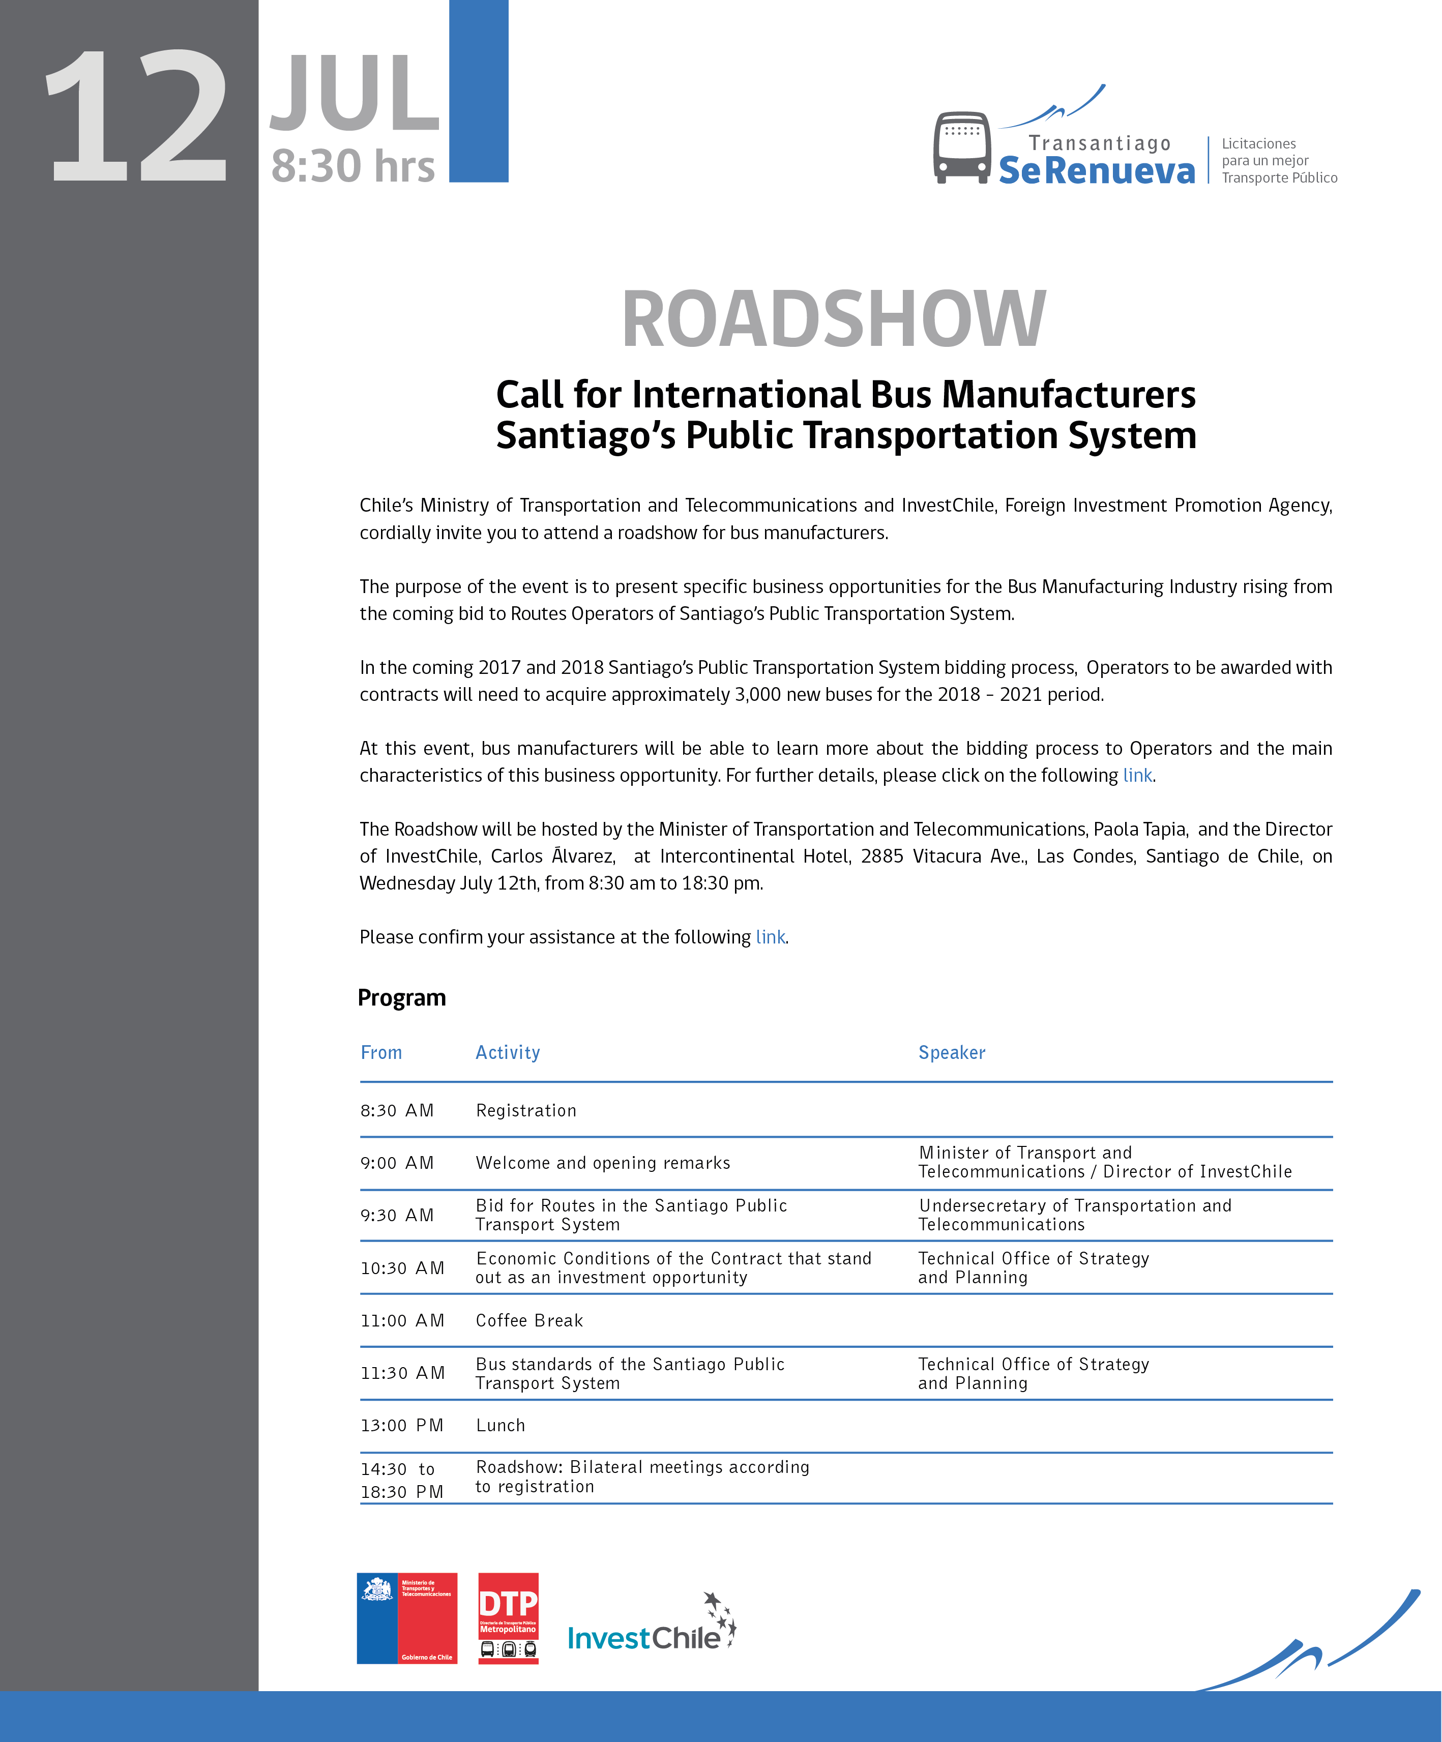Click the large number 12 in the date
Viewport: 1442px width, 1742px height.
[x=137, y=116]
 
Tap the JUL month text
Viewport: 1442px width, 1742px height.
[x=355, y=93]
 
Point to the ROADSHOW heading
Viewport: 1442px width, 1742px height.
[x=833, y=319]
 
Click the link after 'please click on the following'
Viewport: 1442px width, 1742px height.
[x=1137, y=776]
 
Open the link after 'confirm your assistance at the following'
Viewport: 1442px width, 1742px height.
[x=770, y=937]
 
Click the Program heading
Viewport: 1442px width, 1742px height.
[x=401, y=998]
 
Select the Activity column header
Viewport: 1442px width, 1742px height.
[x=508, y=1053]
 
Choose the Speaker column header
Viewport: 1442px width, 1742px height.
[x=952, y=1053]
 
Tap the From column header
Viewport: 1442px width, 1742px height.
[x=381, y=1053]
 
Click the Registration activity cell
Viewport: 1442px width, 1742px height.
[x=526, y=1111]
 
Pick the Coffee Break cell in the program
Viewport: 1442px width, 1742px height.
[x=529, y=1320]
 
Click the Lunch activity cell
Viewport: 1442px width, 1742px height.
[x=501, y=1425]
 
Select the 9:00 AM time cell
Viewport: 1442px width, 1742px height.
[x=397, y=1163]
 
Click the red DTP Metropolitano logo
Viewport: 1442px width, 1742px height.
[x=508, y=1618]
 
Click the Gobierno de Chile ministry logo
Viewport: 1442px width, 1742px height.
[x=406, y=1618]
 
